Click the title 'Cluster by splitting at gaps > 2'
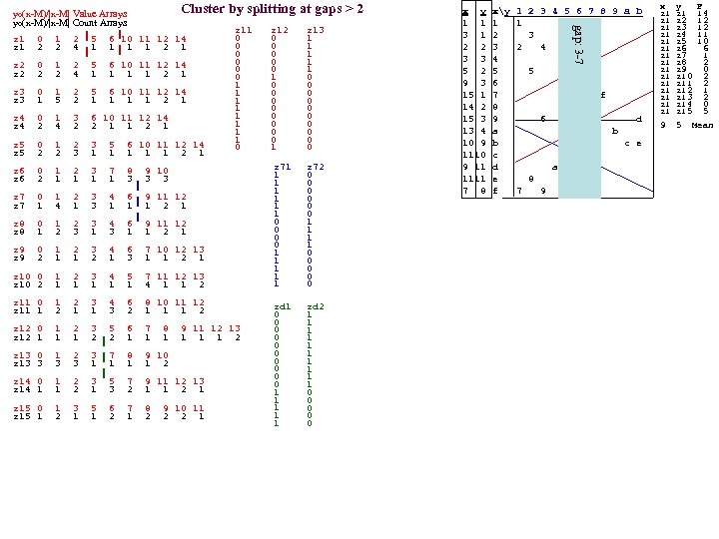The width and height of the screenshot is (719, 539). click(x=273, y=9)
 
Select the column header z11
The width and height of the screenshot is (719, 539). click(x=243, y=31)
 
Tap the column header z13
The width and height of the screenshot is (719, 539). click(x=316, y=31)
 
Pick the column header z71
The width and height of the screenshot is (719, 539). click(x=281, y=165)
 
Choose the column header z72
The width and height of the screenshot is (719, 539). click(x=316, y=165)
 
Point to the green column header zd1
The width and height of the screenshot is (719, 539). click(x=281, y=306)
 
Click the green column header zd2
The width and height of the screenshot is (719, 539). click(x=316, y=306)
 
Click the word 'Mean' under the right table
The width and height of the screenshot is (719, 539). click(x=701, y=125)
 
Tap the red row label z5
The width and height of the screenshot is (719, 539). click(x=19, y=145)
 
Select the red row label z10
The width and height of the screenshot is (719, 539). click(x=21, y=275)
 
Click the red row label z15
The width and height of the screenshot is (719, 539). click(x=21, y=407)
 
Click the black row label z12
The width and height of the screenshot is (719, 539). click(x=21, y=336)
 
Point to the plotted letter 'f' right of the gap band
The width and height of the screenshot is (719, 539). click(x=602, y=95)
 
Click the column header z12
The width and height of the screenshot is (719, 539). click(x=281, y=31)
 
